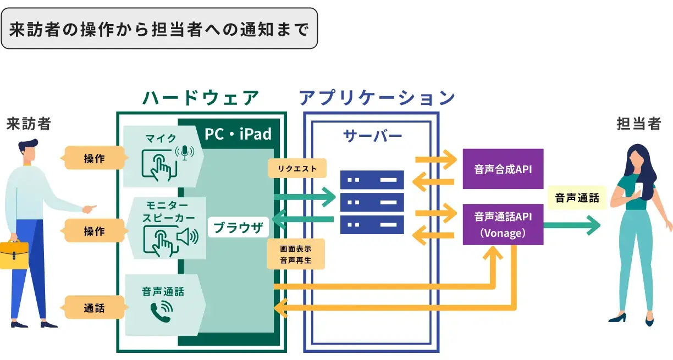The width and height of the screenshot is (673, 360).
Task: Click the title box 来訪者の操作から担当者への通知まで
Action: point(159,29)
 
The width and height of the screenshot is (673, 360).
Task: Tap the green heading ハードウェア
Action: point(201,98)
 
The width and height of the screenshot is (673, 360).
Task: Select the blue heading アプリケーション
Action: point(377,98)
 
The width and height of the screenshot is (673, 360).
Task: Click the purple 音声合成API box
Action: point(503,169)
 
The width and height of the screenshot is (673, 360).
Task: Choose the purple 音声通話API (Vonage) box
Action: point(503,224)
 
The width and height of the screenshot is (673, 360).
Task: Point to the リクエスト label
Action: point(297,169)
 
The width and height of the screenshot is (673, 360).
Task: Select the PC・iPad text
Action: point(238,134)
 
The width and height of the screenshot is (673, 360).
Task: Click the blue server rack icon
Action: point(372,202)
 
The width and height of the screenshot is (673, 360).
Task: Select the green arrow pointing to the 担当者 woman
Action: point(572,225)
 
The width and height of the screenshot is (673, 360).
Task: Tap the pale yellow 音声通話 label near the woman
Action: point(577,198)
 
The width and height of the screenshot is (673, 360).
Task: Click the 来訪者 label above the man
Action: point(29,124)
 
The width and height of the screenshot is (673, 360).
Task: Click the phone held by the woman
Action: point(639,189)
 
